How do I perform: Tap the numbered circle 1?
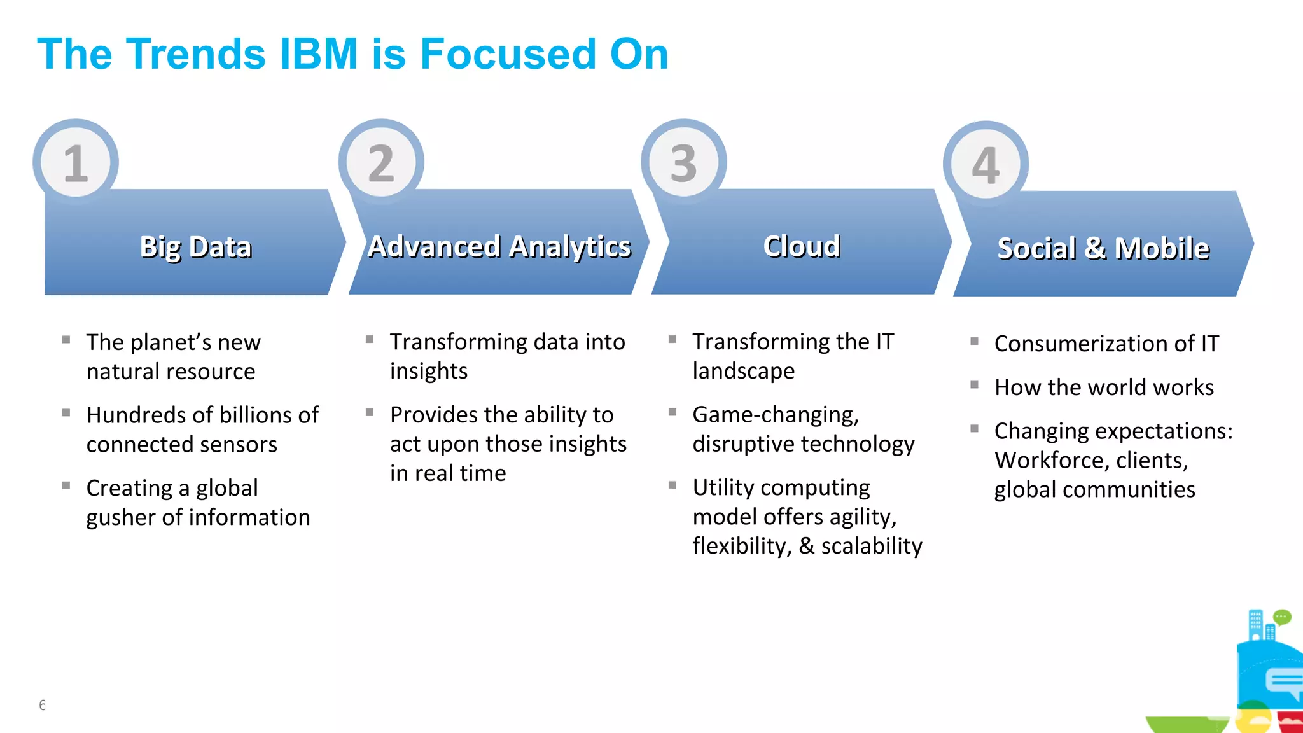tap(76, 162)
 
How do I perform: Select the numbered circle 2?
tap(381, 162)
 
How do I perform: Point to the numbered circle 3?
tap(684, 162)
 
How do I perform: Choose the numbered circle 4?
tap(986, 164)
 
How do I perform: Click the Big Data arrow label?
tap(195, 247)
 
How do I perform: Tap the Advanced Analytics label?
tap(499, 247)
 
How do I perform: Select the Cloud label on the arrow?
tap(802, 246)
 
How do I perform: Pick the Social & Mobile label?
tap(1103, 248)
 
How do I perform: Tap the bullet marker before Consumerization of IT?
tap(974, 341)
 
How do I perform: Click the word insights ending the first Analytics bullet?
tap(429, 371)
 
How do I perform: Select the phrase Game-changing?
tap(776, 415)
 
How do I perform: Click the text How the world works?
tap(1104, 387)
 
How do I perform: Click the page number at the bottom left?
tap(42, 704)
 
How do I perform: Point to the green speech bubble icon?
tap(1282, 617)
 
